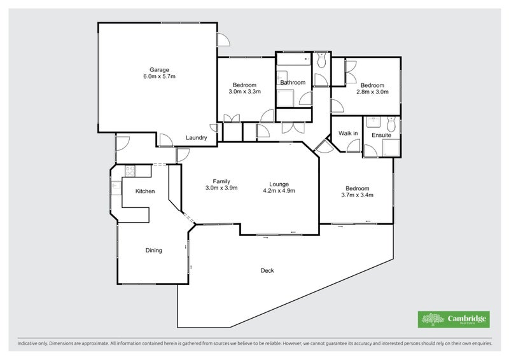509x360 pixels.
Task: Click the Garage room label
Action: (x=159, y=69)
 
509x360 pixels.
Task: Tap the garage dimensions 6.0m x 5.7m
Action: (x=159, y=76)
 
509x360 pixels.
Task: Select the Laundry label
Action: (x=195, y=138)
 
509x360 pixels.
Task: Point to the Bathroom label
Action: (x=293, y=83)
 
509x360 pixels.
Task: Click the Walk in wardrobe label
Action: (x=347, y=134)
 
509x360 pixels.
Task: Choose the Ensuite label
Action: (x=382, y=135)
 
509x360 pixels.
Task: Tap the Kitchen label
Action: (x=146, y=191)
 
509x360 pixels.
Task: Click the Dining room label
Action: (x=154, y=251)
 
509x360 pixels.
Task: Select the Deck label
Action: (x=267, y=271)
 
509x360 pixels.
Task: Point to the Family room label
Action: (x=221, y=181)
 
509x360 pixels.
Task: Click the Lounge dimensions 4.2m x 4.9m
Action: (x=280, y=189)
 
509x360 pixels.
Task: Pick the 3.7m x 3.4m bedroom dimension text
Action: (x=357, y=195)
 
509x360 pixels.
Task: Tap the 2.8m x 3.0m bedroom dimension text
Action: (x=372, y=92)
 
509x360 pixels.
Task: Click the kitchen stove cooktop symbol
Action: (x=129, y=170)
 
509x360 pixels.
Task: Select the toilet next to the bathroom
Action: (x=321, y=60)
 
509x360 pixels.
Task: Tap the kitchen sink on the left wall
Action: (x=116, y=188)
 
